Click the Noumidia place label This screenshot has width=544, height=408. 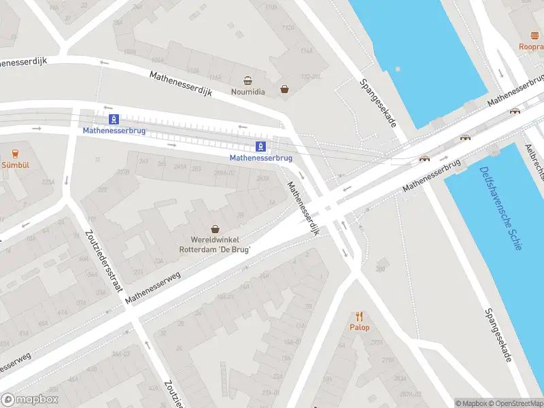point(248,91)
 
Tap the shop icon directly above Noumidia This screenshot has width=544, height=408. point(248,80)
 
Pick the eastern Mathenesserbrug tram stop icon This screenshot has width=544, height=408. point(261,146)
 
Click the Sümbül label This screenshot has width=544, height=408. point(14,165)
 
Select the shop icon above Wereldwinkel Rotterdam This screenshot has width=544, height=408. point(216,228)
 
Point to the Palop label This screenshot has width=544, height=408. point(360,327)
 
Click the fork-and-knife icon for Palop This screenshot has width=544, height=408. point(360,316)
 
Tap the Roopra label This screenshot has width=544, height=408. point(531,46)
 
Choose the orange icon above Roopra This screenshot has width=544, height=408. point(534,35)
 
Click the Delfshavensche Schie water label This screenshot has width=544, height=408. point(500,208)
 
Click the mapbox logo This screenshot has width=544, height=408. point(30,399)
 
